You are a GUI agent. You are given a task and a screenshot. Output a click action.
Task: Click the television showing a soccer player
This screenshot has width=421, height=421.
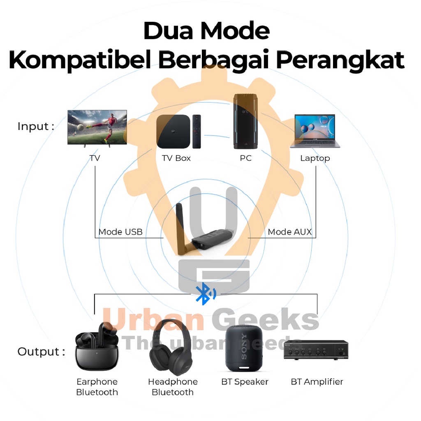click(97, 127)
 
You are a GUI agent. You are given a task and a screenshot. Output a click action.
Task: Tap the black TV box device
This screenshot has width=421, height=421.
click(173, 132)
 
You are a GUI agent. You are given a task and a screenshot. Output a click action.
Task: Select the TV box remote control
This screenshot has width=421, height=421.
click(197, 132)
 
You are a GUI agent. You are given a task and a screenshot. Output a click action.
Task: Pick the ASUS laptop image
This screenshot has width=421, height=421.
click(315, 131)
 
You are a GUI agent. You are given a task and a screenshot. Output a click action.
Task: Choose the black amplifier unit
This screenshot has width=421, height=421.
click(316, 350)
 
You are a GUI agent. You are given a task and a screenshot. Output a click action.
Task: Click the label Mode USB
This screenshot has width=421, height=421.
click(120, 232)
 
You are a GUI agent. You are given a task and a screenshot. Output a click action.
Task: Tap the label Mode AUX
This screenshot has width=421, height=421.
click(289, 232)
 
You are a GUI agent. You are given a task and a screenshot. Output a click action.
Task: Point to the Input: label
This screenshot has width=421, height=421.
click(36, 127)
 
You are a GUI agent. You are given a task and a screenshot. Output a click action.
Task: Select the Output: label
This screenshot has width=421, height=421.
click(41, 352)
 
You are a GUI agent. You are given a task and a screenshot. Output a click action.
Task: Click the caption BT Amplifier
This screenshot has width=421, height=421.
click(317, 382)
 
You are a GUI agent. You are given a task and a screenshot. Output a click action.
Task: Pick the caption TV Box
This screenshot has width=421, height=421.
click(176, 158)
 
